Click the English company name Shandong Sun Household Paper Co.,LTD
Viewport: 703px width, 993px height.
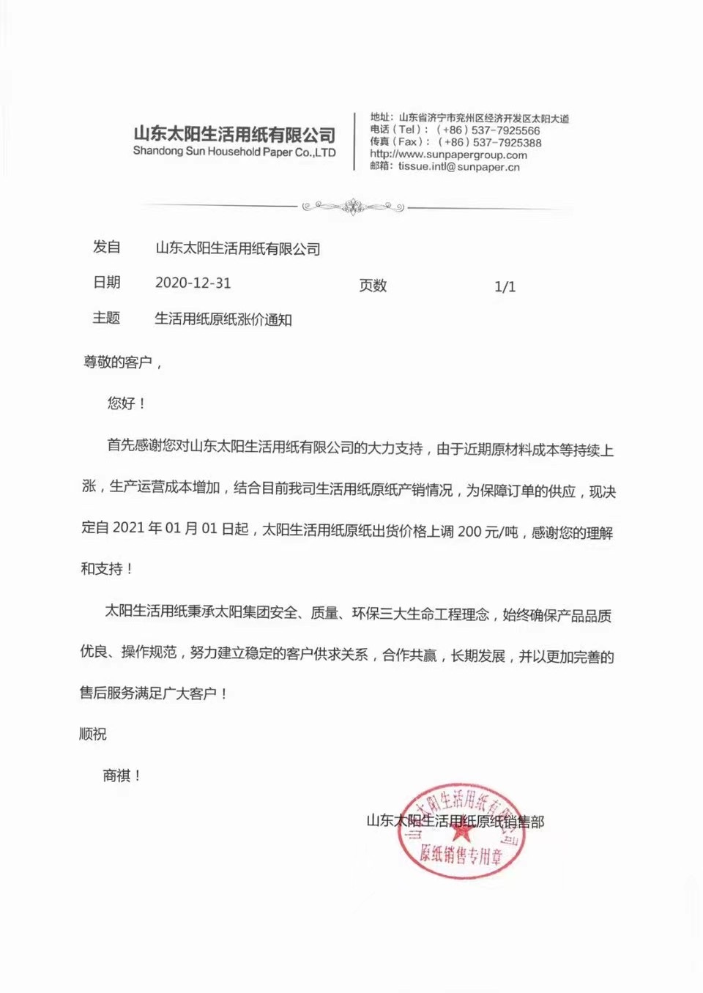point(234,152)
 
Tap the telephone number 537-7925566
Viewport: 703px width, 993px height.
point(506,130)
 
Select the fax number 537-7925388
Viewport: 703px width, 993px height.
point(507,142)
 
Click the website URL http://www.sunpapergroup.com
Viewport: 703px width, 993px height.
point(448,155)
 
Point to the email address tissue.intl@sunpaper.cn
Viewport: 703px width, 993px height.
point(459,167)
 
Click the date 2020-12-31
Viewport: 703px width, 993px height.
point(193,283)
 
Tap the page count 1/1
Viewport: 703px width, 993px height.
point(505,286)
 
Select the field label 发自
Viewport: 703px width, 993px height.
point(106,248)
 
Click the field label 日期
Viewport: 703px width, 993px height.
point(106,283)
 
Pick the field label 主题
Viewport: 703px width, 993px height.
point(106,318)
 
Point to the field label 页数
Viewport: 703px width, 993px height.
point(373,286)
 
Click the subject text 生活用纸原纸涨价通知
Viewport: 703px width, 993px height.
point(223,319)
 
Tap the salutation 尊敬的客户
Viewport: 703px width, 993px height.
point(118,362)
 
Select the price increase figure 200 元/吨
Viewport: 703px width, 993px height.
point(488,532)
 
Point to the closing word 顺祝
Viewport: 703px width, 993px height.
point(93,734)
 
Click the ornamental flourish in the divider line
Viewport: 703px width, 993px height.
point(354,207)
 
